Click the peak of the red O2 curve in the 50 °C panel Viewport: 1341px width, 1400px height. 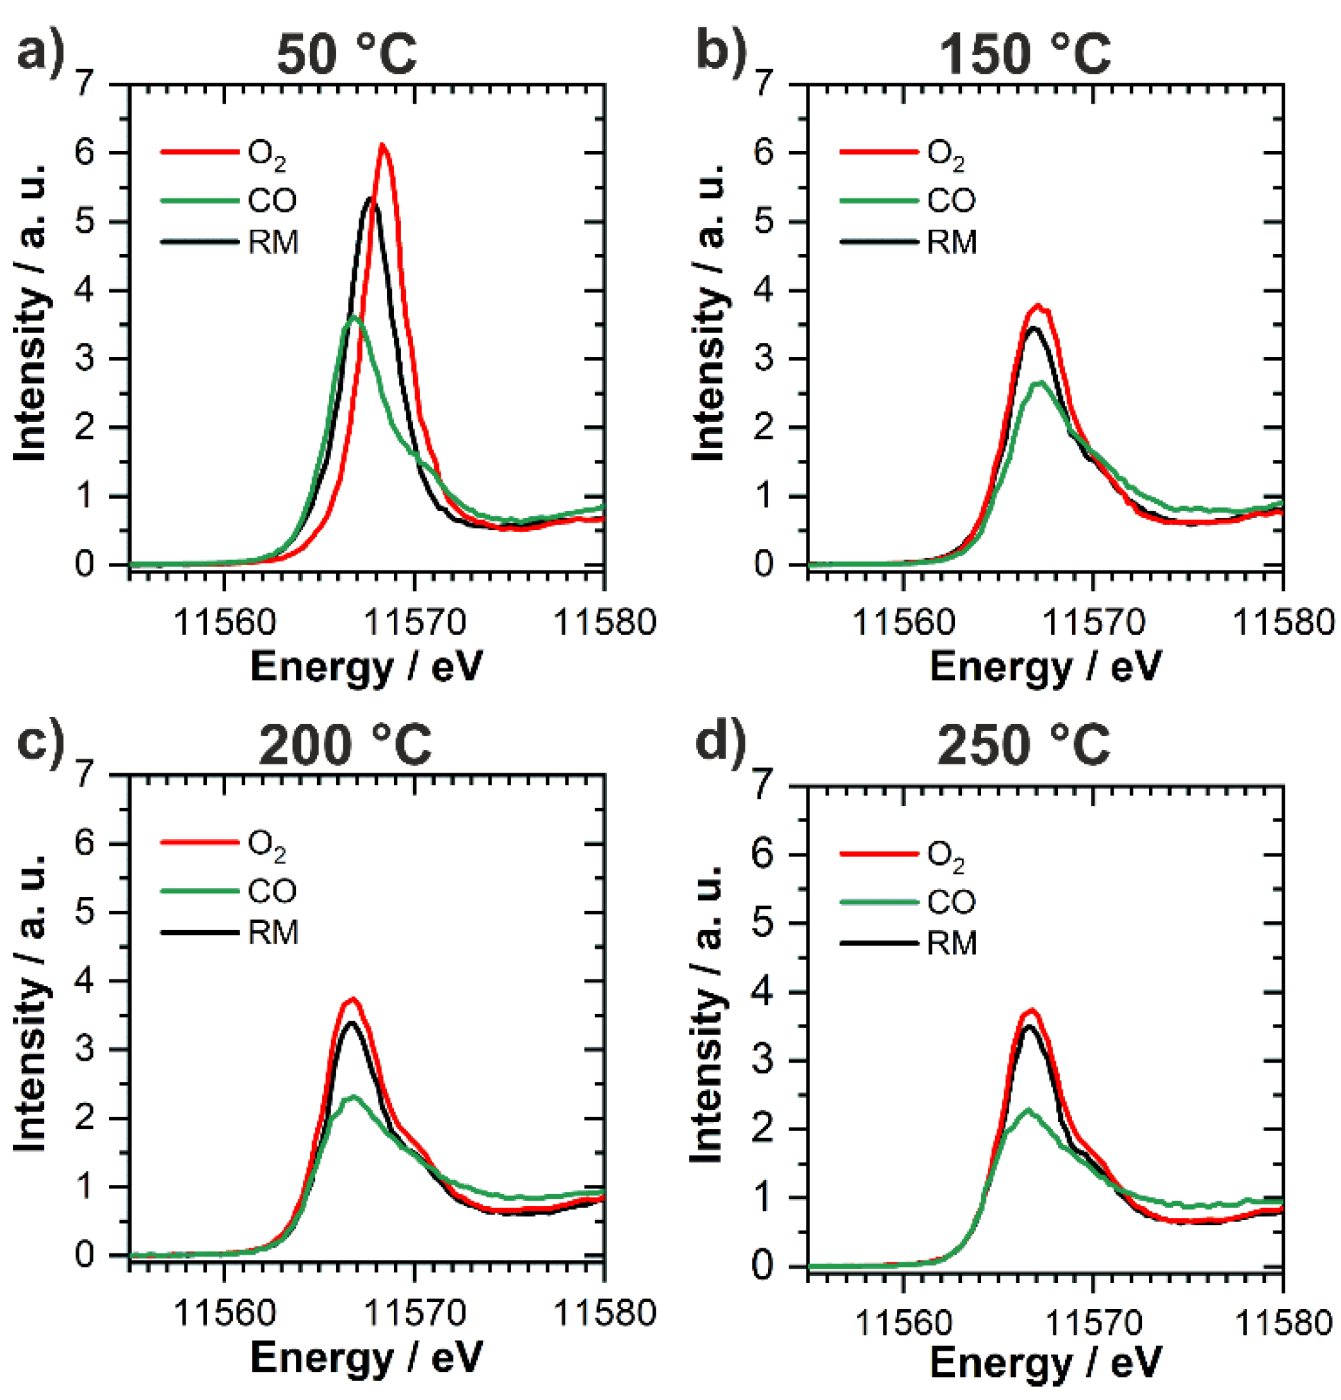coord(383,146)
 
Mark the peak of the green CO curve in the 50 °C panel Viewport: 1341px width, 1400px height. coord(354,317)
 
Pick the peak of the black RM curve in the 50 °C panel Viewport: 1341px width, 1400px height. coord(371,199)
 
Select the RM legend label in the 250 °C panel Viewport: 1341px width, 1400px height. coord(952,944)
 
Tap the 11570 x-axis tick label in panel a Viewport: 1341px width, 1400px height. coord(415,623)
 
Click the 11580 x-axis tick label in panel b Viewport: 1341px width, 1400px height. coord(1284,623)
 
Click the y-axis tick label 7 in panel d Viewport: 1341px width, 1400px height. coord(763,787)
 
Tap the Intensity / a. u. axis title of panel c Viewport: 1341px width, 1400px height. coord(30,1001)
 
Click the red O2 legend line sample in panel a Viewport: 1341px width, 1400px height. coord(199,152)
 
